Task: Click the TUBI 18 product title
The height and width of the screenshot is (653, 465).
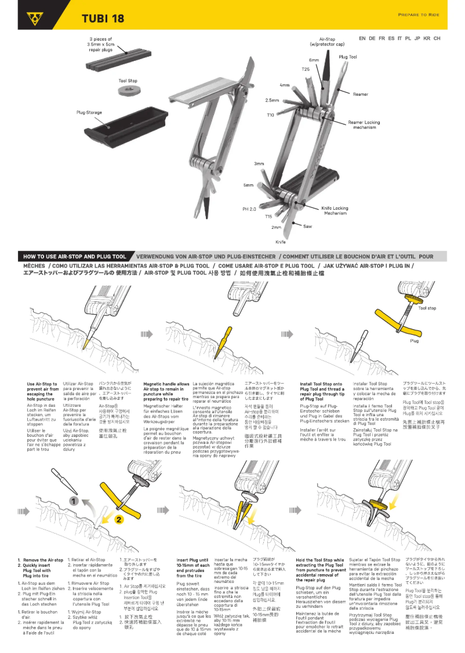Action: pos(103,18)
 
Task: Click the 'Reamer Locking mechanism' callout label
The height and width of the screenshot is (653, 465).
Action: pos(364,125)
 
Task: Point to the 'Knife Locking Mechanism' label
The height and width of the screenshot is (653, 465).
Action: pos(336,210)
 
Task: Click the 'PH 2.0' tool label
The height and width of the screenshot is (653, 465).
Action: pos(249,209)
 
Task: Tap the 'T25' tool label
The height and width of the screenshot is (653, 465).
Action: pos(306,69)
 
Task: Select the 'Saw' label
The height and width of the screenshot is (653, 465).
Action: pos(307,226)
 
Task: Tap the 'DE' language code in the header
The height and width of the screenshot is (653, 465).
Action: pos(372,38)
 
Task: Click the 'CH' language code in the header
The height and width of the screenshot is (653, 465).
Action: pos(437,38)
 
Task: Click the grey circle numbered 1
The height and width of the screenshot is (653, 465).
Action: pos(74,499)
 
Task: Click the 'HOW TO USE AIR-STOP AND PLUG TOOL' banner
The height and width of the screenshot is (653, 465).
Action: pos(75,256)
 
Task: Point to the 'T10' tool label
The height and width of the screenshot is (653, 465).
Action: pos(270,115)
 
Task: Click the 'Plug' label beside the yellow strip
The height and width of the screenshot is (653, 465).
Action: pos(414,341)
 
